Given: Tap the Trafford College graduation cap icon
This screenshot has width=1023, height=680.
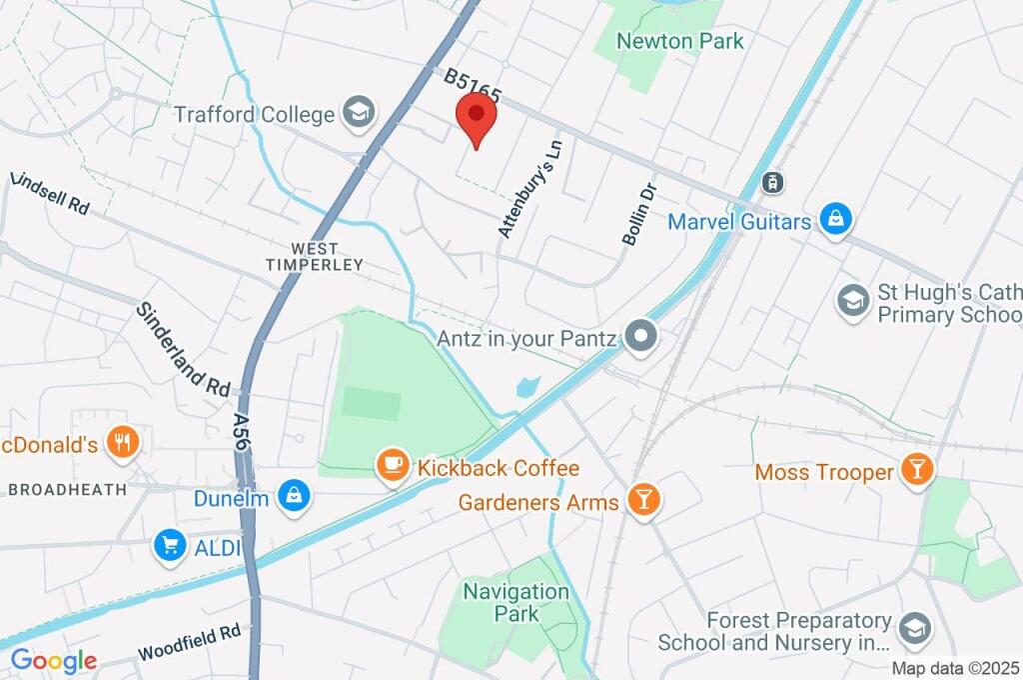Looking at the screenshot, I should tap(358, 114).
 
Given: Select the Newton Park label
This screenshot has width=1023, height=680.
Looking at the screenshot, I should tap(679, 41).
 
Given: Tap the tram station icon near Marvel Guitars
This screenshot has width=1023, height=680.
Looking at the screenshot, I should tap(771, 182).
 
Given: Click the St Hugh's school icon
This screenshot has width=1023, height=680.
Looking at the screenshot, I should tap(852, 300).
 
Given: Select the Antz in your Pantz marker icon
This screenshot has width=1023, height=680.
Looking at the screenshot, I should tap(640, 336).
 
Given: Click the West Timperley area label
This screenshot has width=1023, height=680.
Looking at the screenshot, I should tap(314, 256).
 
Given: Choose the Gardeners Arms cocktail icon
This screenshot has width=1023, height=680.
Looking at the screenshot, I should tap(640, 500).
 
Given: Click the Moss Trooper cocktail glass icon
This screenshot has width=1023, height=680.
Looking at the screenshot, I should tap(915, 469).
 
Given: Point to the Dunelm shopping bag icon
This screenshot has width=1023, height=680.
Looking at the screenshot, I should tap(295, 494).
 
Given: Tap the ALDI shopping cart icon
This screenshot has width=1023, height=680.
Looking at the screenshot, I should tap(170, 545).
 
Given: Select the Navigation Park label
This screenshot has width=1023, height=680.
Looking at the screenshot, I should tap(516, 602).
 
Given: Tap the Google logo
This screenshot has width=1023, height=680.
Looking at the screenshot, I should tap(54, 660).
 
